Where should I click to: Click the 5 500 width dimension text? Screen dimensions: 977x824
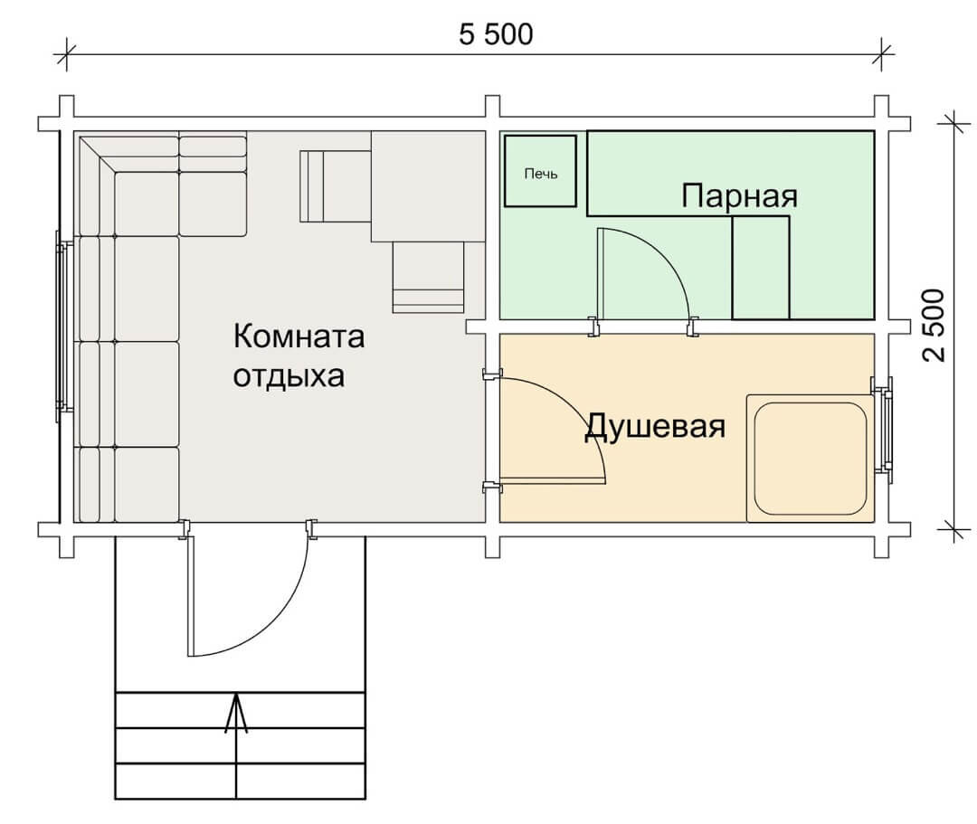(x=496, y=34)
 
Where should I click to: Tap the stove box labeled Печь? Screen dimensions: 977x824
(x=540, y=171)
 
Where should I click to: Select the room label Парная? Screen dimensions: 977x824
(x=739, y=195)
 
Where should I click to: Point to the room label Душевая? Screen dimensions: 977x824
(x=655, y=427)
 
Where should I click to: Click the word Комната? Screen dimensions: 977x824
(x=299, y=336)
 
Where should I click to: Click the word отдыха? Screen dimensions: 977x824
(x=289, y=376)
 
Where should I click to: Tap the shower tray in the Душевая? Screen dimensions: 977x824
(x=810, y=458)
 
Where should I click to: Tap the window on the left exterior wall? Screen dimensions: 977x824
(x=62, y=325)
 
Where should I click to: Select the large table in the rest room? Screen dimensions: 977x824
(x=429, y=186)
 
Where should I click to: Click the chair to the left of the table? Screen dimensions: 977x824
(x=336, y=186)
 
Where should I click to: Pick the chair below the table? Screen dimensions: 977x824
(x=429, y=277)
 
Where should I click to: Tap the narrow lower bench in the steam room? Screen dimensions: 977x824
(x=761, y=267)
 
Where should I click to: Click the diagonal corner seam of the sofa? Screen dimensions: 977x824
(x=98, y=156)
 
